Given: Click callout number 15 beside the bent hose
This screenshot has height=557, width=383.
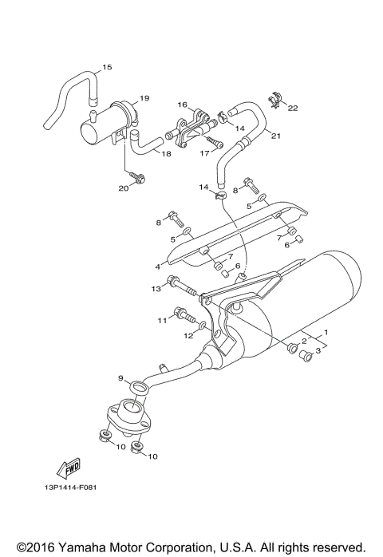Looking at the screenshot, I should tap(108, 67).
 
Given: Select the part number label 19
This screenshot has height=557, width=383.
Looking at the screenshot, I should tap(144, 98).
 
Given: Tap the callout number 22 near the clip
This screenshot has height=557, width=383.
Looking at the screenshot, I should tap(292, 108).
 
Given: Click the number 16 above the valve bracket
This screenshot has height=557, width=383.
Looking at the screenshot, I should tap(182, 105).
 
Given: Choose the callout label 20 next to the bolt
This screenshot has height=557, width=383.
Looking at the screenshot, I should tap(123, 188).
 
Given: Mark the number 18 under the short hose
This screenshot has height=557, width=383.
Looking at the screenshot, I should tap(167, 153).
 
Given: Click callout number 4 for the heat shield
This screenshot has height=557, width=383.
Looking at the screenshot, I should tap(157, 266).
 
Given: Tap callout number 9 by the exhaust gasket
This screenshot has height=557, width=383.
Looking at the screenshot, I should tap(121, 378).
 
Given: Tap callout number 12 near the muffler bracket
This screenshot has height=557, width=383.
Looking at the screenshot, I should tap(188, 336).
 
